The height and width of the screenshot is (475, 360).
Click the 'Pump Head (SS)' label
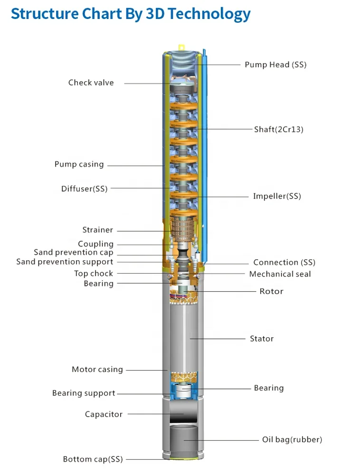click(275, 65)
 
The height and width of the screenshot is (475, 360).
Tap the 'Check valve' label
click(91, 83)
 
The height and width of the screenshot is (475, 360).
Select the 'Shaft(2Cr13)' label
click(278, 129)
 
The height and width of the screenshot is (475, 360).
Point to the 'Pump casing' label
click(79, 164)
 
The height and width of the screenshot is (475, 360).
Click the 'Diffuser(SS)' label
click(84, 189)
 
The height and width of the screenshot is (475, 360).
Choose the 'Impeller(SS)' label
click(277, 196)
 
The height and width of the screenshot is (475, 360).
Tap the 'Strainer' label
click(98, 230)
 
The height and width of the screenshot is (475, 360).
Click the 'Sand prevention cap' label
click(74, 253)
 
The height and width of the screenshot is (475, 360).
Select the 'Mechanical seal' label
click(280, 274)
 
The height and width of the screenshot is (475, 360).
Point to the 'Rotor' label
click(271, 291)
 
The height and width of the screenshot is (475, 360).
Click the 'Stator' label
click(262, 339)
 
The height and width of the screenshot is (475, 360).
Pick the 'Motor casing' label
click(97, 369)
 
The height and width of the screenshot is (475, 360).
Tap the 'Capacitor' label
click(104, 414)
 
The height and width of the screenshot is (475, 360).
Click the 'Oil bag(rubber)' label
click(292, 440)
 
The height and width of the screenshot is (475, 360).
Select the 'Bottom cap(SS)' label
click(93, 459)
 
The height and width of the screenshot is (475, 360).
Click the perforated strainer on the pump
click(182, 228)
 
